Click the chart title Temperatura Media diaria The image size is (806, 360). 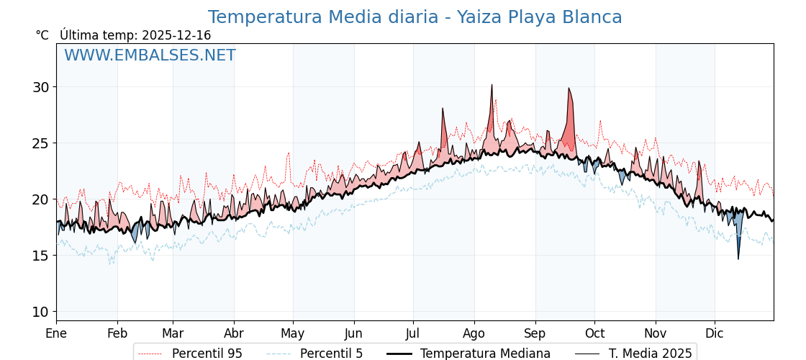[415, 17]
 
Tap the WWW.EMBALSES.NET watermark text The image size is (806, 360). [150, 55]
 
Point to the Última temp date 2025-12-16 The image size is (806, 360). [176, 35]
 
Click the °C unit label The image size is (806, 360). [42, 35]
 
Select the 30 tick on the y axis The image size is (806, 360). [40, 87]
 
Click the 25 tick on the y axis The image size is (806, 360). [40, 143]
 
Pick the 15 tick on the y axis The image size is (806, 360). [40, 256]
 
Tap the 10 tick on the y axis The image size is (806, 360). [40, 312]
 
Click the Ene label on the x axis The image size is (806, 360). [56, 333]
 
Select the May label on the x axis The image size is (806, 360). [293, 333]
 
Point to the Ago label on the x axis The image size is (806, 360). [474, 333]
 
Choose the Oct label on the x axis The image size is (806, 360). [594, 333]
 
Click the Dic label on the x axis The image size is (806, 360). [715, 333]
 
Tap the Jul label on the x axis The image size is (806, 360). [413, 333]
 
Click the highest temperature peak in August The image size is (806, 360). [492, 85]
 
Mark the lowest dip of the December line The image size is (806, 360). [738, 258]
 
